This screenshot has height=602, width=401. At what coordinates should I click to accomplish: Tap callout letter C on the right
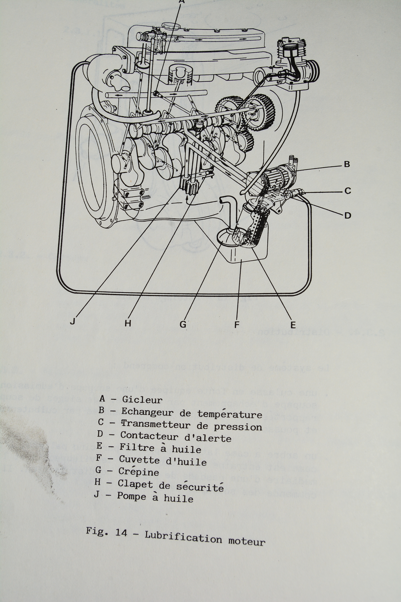coord(347,191)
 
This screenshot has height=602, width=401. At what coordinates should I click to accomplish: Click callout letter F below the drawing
coord(237,325)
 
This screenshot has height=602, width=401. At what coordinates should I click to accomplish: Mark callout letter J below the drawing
coord(73,321)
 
